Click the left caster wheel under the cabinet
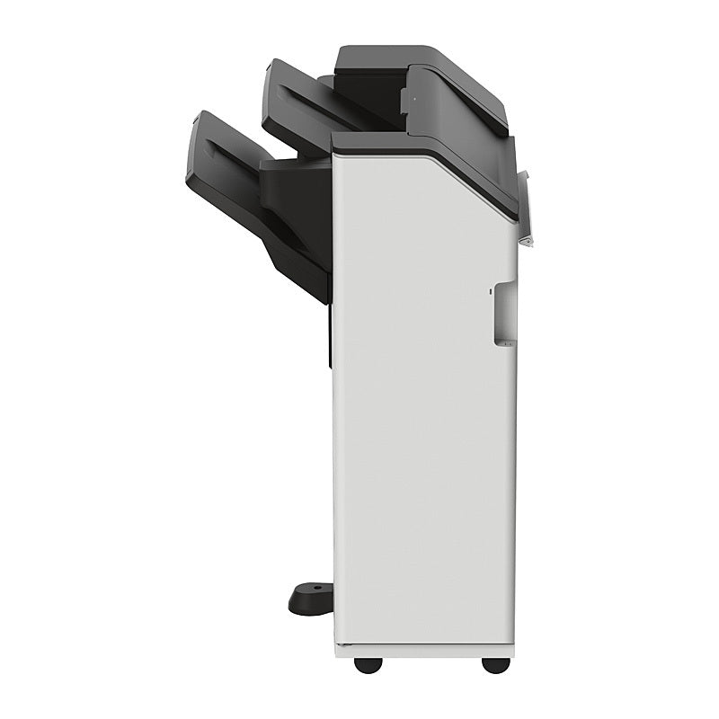pyautogui.click(x=366, y=664)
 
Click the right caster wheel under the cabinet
pyautogui.click(x=495, y=664)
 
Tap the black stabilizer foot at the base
pyautogui.click(x=311, y=599)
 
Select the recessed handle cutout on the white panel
pyautogui.click(x=504, y=314)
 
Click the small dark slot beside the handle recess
pyautogui.click(x=490, y=290)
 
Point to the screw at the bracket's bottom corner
pyautogui.click(x=529, y=241)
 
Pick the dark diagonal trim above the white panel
pyautogui.click(x=467, y=175)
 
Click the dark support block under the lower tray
pyautogui.click(x=297, y=216)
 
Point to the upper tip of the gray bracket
pyautogui.click(x=524, y=173)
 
